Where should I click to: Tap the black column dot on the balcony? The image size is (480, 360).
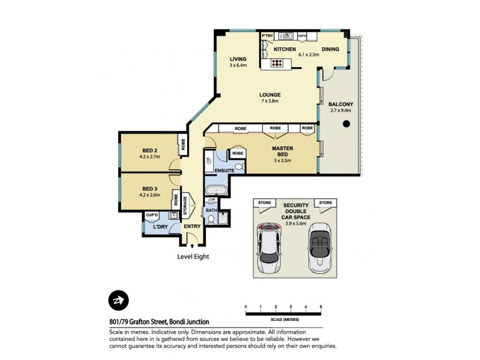pos(346,124)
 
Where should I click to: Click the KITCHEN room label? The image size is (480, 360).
pos(285,49)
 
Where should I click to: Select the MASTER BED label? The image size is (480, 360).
pos(282,152)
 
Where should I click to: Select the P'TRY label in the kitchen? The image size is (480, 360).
pos(267,35)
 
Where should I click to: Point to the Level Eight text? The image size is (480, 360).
pos(193,256)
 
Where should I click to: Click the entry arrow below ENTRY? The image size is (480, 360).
pos(192,245)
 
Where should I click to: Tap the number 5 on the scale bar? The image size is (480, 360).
pos(321,307)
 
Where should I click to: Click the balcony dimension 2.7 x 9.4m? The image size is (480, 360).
pos(340,110)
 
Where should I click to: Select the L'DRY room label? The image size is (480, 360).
pos(159,227)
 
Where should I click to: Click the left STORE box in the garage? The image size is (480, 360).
pos(264,203)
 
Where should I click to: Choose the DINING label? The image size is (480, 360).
pos(331,49)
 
